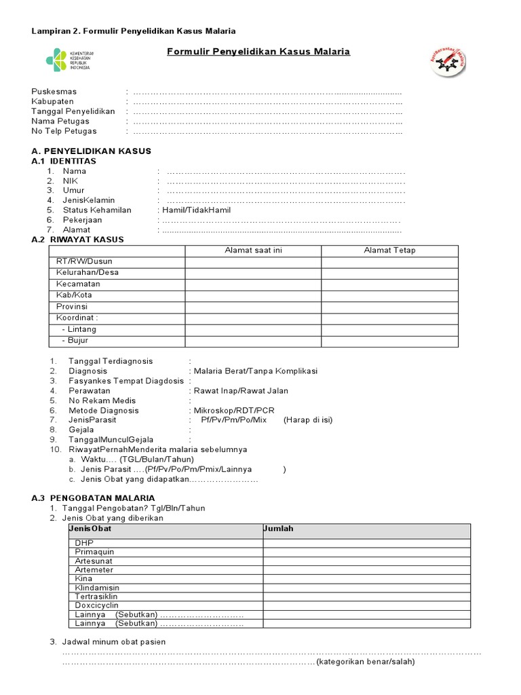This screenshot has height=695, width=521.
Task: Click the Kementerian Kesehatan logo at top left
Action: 68,59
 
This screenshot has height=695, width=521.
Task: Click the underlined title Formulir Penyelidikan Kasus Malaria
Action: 258,52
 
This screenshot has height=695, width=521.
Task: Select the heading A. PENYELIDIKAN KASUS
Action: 92,151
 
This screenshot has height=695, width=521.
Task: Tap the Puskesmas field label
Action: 54,92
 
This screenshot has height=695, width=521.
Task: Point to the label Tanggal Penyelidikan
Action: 73,111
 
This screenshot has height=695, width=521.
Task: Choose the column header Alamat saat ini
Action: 253,250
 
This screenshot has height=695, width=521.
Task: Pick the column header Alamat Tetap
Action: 389,250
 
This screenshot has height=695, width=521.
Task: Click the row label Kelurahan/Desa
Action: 88,273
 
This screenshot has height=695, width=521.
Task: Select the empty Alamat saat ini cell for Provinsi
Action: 253,307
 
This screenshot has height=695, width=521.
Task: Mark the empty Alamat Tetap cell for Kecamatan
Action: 389,284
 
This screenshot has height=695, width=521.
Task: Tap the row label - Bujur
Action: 75,341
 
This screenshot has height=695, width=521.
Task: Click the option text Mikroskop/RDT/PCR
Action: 234,411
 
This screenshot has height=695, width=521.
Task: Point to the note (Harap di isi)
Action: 308,420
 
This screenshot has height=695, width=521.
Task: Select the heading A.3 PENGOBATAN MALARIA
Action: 94,498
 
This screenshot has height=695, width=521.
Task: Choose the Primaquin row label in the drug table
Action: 95,552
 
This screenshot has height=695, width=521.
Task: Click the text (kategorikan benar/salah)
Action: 366,662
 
